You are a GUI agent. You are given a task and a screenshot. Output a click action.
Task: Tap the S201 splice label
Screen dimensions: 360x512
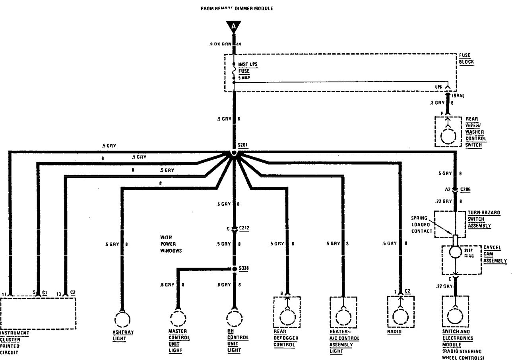(242, 146)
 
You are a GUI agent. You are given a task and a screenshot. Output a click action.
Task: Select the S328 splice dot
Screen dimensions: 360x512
(235, 269)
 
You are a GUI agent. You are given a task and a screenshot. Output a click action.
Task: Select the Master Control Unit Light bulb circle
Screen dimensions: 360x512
(178, 318)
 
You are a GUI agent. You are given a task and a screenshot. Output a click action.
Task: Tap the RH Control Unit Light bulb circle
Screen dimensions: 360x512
(235, 318)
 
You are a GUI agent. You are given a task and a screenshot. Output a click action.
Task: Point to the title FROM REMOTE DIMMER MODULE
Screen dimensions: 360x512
(237, 8)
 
